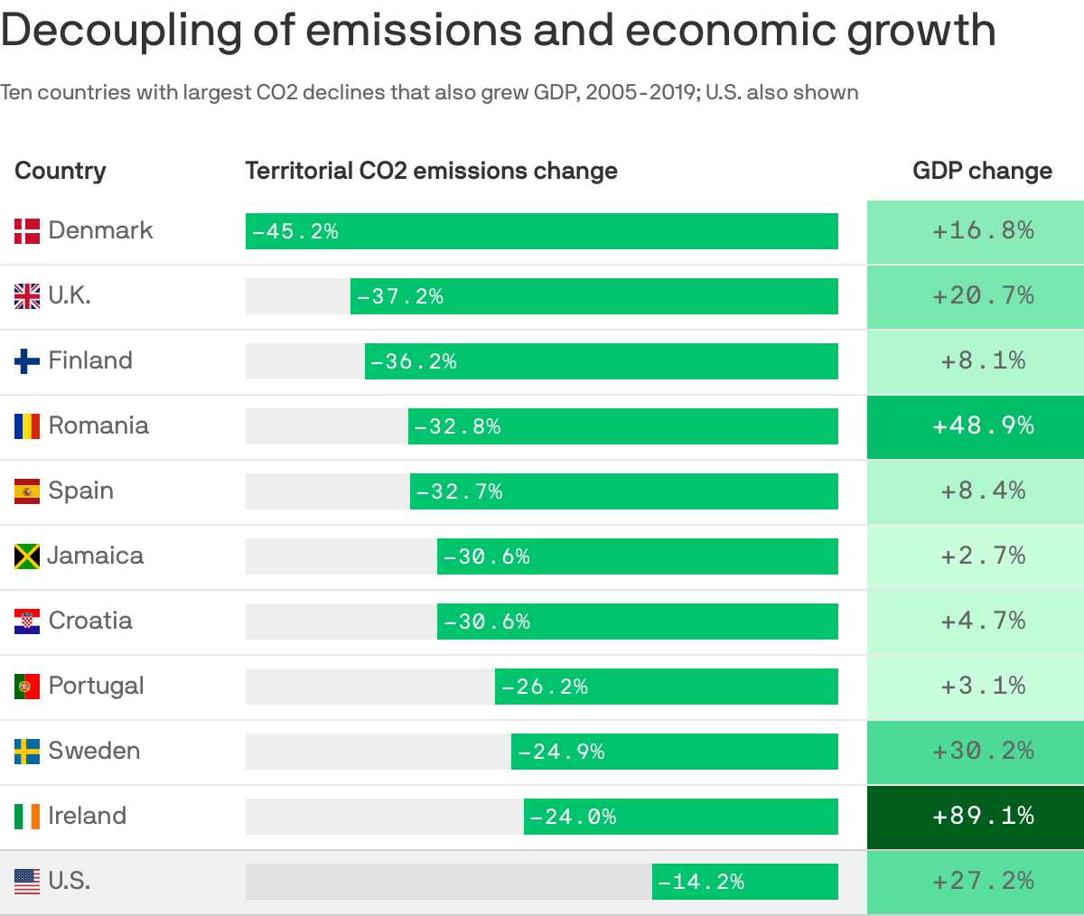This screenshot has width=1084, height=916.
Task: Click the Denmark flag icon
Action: coord(27,231)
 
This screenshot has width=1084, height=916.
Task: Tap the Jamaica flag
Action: coord(27,556)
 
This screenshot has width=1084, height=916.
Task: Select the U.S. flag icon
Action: coord(27,881)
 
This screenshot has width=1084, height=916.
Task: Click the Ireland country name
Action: coord(87,816)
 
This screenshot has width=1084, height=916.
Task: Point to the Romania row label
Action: coord(98,425)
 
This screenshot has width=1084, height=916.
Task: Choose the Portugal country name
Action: coord(96,686)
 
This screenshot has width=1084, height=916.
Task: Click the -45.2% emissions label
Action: coord(295,231)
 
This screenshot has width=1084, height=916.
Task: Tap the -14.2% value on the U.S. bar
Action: coord(701,882)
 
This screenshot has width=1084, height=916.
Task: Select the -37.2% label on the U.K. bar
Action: coord(400,296)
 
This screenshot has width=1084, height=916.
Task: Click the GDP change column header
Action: coord(982,171)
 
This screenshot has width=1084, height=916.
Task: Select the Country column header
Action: coord(60,171)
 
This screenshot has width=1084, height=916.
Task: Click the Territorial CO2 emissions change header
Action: coord(431,171)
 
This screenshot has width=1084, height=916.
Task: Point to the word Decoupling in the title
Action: coord(122,31)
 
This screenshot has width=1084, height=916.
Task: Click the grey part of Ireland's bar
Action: coord(384,817)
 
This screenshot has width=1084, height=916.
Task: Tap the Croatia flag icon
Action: coord(27,622)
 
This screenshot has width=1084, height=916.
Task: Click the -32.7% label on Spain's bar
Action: coord(459,491)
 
